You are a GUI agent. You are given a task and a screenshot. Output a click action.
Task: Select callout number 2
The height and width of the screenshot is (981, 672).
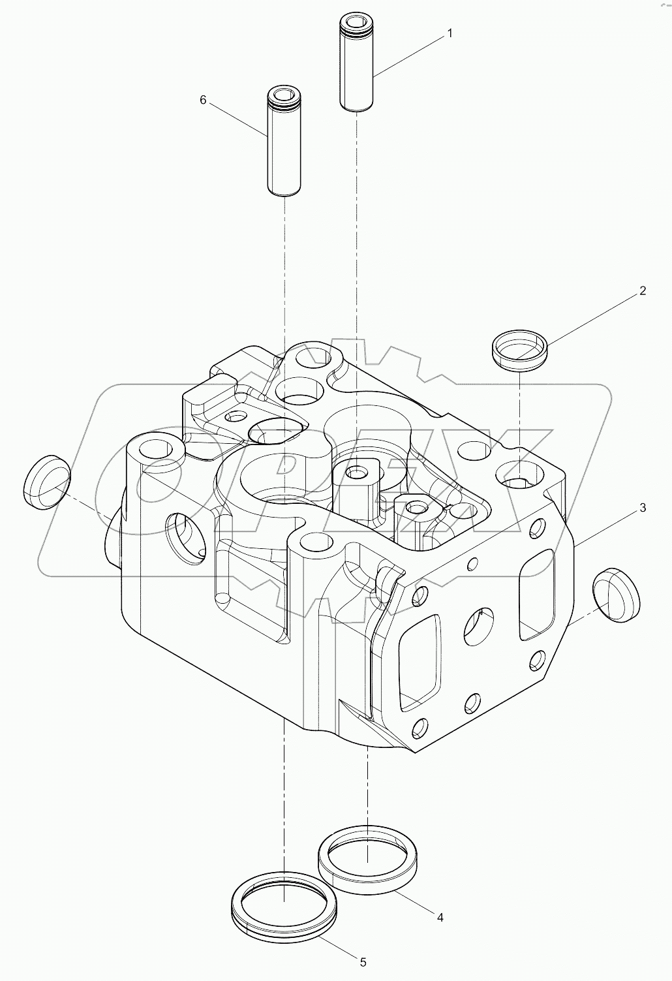coord(642,291)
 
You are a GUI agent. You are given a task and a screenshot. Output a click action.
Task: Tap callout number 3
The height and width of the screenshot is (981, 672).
coord(642,507)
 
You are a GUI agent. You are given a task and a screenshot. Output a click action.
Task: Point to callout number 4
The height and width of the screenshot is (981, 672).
coord(440,917)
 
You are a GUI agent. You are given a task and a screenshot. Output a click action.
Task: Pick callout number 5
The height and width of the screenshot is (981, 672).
coord(363,961)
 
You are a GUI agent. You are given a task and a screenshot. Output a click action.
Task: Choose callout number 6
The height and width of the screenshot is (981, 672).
coord(203,100)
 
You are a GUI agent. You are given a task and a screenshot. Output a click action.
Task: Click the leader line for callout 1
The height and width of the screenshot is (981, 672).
coord(408,55)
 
